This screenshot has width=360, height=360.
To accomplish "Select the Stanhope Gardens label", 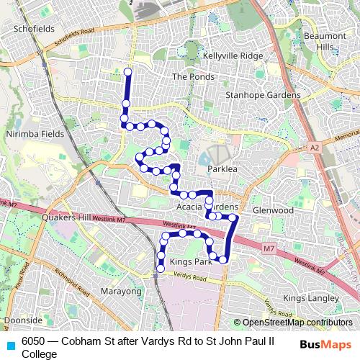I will [x=263, y=95].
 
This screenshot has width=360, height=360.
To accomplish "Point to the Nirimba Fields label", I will [x=35, y=134].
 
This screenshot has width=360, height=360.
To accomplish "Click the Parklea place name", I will [x=222, y=168].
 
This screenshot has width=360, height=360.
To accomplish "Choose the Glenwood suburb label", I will [x=274, y=210].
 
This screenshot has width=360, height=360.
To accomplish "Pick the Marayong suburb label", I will [x=120, y=291].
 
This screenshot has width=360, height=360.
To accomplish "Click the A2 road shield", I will [x=314, y=147].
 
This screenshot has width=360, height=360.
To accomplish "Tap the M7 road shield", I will [x=269, y=249].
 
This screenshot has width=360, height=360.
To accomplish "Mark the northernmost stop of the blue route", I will [x=128, y=71].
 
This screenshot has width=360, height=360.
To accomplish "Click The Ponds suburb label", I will [x=189, y=76].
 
